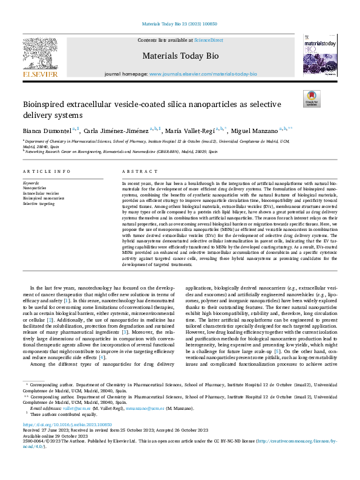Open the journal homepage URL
pyautogui.click(x=203, y=74)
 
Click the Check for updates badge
pyautogui.click(x=310, y=98)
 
